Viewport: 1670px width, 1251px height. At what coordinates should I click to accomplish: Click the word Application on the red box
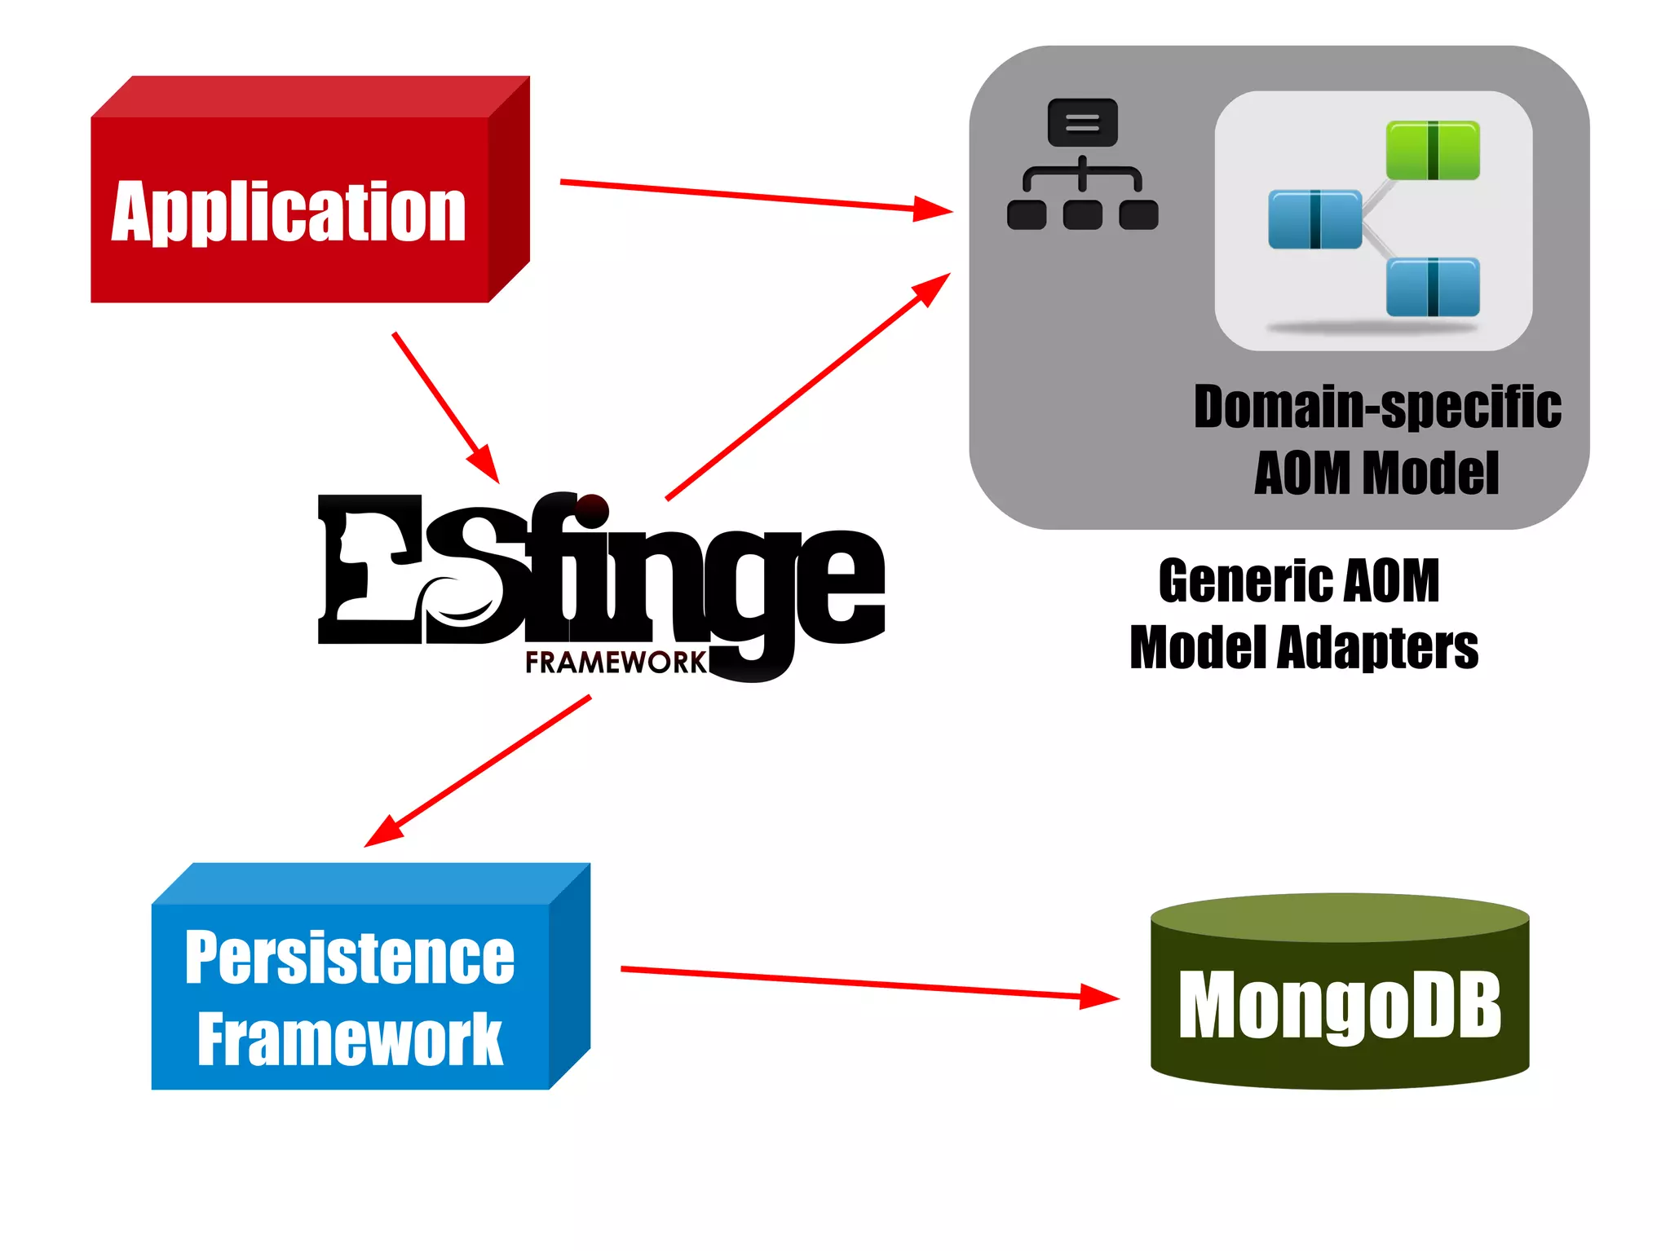[x=289, y=212]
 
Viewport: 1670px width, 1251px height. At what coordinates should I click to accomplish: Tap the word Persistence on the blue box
[x=350, y=958]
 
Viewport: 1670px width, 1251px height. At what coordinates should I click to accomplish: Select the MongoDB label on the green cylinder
[x=1339, y=1006]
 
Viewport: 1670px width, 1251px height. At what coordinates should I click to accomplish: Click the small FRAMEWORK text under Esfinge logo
[x=616, y=663]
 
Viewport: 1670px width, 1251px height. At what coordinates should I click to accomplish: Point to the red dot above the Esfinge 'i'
[x=593, y=511]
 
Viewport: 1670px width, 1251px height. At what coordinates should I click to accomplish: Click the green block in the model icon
[x=1433, y=151]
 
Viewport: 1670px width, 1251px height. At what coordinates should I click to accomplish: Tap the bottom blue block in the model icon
[x=1433, y=287]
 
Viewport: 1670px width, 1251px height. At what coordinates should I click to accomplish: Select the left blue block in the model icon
[x=1314, y=219]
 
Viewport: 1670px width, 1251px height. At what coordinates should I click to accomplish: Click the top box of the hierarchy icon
[x=1082, y=123]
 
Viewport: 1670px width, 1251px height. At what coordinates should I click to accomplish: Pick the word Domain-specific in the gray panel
[x=1377, y=407]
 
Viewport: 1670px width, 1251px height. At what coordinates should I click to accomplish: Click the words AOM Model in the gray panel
[x=1376, y=474]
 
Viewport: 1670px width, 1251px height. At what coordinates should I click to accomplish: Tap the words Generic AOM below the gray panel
[x=1299, y=581]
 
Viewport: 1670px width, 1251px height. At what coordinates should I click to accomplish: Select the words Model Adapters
[x=1304, y=648]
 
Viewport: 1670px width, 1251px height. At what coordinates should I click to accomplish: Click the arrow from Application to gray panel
[x=750, y=196]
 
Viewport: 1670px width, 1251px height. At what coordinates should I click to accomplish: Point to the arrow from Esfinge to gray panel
[x=807, y=386]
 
